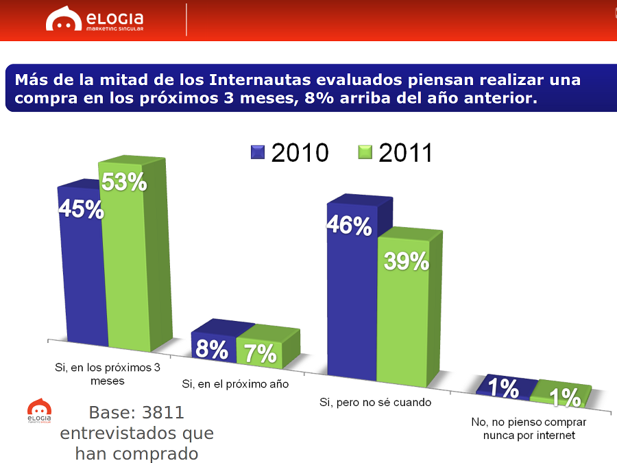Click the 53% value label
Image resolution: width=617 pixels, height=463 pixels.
click(x=124, y=182)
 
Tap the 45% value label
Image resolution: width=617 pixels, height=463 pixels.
click(x=81, y=209)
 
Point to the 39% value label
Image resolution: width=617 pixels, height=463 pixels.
click(x=406, y=261)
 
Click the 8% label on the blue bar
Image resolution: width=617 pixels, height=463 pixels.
click(x=211, y=350)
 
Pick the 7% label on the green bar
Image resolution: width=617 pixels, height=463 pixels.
click(x=260, y=353)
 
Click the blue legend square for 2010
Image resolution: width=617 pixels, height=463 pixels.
click(x=258, y=152)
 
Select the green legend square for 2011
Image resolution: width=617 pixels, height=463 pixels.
click(x=365, y=152)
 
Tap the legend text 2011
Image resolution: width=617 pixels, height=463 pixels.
click(x=405, y=153)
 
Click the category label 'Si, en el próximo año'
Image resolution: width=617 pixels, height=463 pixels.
click(x=235, y=384)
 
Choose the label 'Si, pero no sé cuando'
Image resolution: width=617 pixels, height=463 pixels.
click(x=376, y=402)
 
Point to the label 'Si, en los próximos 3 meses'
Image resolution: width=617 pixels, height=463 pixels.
click(x=108, y=373)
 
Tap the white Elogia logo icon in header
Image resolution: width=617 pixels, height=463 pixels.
click(x=64, y=20)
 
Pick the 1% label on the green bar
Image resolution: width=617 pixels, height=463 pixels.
click(x=565, y=397)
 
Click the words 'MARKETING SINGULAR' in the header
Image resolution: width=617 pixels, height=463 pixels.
click(x=114, y=29)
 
